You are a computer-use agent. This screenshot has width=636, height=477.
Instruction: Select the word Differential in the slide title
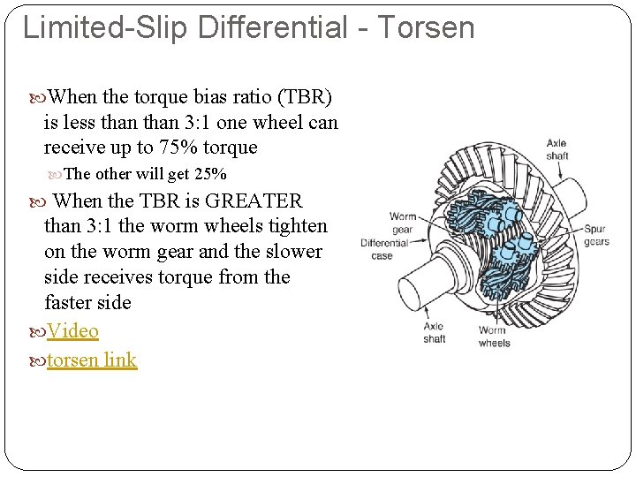[x=273, y=26]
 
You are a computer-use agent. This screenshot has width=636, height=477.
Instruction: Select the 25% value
[x=210, y=174]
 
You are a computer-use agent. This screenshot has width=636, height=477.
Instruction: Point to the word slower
[x=292, y=252]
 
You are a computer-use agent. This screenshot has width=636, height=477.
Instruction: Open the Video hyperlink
[x=72, y=331]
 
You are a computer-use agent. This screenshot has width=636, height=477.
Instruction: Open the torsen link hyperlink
[x=92, y=360]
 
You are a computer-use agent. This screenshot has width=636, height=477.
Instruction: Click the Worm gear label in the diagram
[x=402, y=223]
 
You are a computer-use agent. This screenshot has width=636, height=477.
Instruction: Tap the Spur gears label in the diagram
[x=595, y=235]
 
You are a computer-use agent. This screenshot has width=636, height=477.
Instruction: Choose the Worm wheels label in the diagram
[x=494, y=337]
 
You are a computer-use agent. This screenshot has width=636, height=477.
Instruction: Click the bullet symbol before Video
[x=37, y=332]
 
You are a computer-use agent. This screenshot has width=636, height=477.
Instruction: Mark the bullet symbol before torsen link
[x=37, y=360]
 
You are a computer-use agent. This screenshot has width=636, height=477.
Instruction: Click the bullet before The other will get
[x=57, y=174]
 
